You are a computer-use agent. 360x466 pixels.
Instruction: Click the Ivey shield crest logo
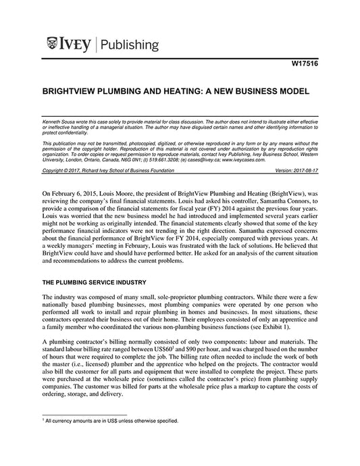53,46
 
